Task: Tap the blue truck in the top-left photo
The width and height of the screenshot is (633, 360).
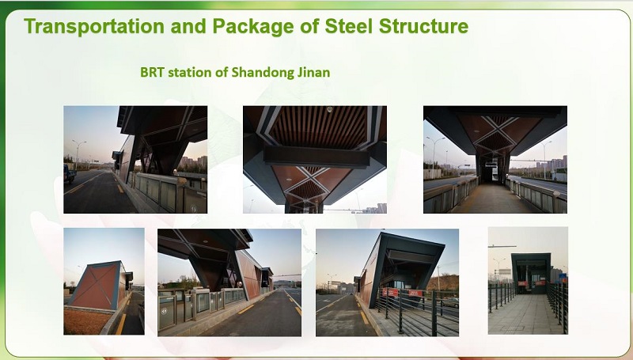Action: point(70,174)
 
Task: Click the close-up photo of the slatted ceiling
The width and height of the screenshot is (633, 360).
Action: point(314,159)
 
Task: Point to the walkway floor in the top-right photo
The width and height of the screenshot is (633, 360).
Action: point(491,202)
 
